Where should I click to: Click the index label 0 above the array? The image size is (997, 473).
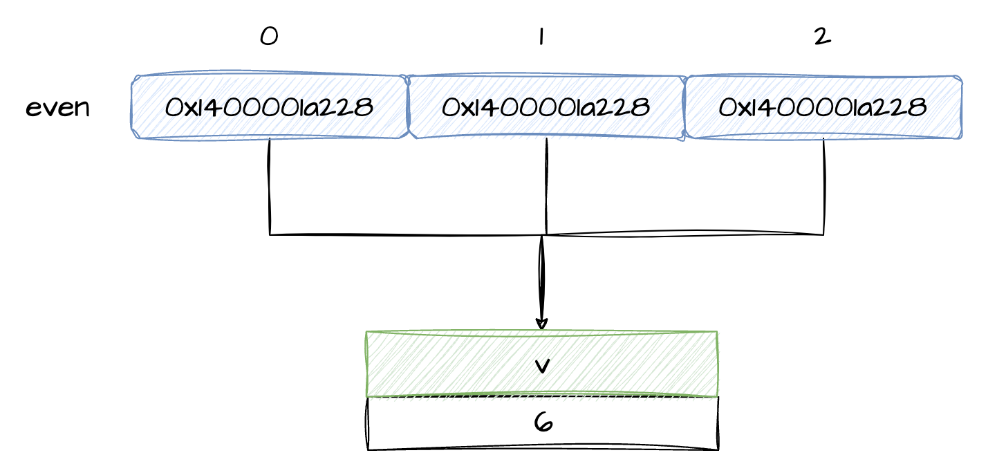click(x=269, y=36)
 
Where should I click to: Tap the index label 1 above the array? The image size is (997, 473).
click(x=541, y=36)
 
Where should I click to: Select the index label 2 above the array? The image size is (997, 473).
click(x=822, y=36)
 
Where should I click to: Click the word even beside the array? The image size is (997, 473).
click(x=58, y=108)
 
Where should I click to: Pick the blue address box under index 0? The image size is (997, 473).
click(x=269, y=107)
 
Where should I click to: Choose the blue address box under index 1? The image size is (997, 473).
click(x=546, y=107)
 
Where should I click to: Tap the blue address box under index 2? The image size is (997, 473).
click(x=823, y=107)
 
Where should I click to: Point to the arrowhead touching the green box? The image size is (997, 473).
click(x=541, y=324)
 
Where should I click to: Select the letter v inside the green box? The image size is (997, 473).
click(x=542, y=365)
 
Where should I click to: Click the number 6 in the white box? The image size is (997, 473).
click(x=543, y=423)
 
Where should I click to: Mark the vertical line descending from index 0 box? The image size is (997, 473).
click(x=269, y=187)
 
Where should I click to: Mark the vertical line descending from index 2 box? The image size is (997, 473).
click(x=823, y=187)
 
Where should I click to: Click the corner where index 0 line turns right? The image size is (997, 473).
click(x=270, y=234)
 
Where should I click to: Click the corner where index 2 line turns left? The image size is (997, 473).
click(x=823, y=234)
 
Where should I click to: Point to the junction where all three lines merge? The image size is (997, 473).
click(x=543, y=235)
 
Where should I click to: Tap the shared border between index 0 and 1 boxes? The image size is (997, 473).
click(x=408, y=107)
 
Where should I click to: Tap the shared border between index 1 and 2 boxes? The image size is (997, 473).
click(x=684, y=107)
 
